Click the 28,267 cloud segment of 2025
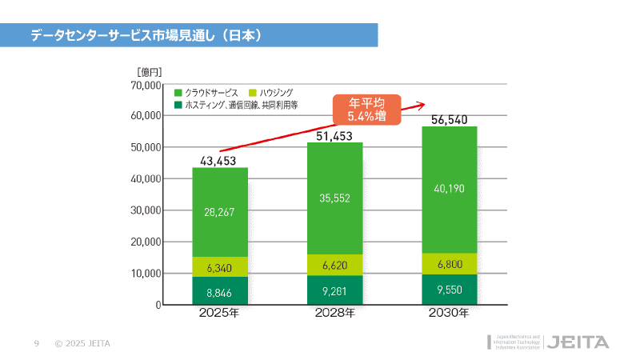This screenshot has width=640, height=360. tap(220, 212)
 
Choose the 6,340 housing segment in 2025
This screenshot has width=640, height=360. tap(220, 267)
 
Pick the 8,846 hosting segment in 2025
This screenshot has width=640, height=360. tap(220, 292)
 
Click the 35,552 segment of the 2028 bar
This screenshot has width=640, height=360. tap(335, 198)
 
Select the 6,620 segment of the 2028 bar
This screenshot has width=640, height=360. tap(335, 265)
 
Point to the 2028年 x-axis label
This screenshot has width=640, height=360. tap(335, 314)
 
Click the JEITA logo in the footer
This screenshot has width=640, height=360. tap(579, 342)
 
